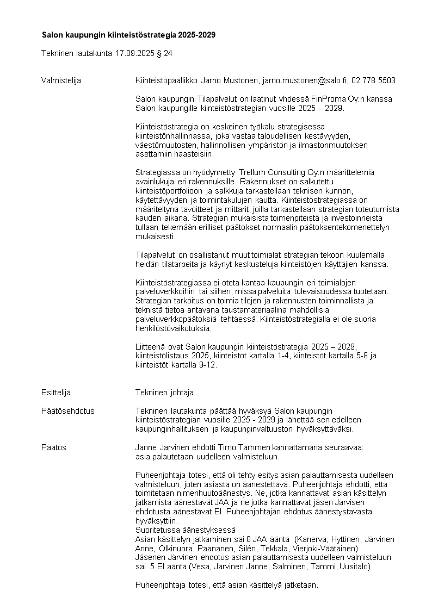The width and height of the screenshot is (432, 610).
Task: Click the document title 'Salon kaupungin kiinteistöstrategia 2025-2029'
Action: click(x=128, y=35)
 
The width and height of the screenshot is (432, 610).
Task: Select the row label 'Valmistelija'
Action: click(x=61, y=80)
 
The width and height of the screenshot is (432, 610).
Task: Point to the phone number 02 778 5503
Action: click(x=374, y=80)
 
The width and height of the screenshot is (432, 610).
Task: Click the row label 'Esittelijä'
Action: click(x=56, y=392)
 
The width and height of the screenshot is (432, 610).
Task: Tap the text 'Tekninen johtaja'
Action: click(x=164, y=392)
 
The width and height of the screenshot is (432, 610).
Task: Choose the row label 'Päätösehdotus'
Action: click(x=67, y=410)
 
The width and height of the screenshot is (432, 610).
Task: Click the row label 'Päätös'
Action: click(x=53, y=447)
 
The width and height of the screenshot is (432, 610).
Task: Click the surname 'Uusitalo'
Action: click(x=354, y=567)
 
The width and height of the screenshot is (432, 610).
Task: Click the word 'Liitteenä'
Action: click(x=151, y=346)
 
